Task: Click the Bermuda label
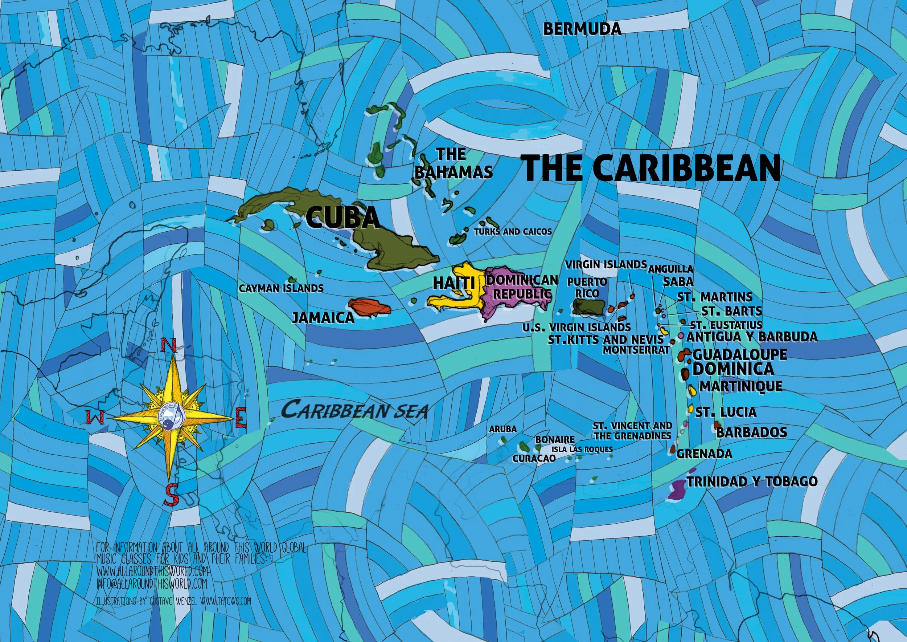point(582,29)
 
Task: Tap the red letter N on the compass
point(170,345)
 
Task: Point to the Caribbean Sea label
point(354,410)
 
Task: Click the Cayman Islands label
point(281,289)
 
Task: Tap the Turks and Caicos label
point(513,232)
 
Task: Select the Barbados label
point(751,432)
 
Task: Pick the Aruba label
point(502,429)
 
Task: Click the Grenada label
point(704,454)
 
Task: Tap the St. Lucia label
point(726,412)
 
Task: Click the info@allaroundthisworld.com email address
point(152,584)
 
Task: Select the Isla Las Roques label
point(582,450)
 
